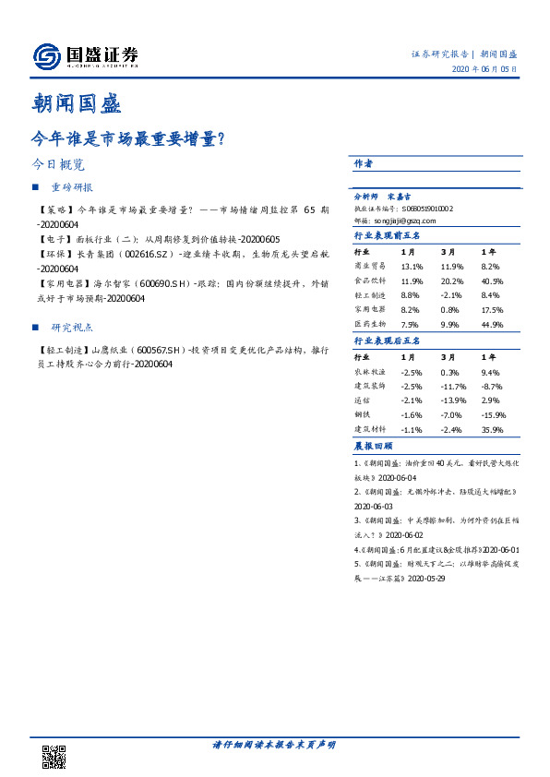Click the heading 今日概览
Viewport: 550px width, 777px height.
tap(57, 165)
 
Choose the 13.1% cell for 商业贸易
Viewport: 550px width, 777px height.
tap(412, 265)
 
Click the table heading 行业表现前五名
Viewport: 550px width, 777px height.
tap(387, 235)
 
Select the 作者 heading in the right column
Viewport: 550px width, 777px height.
tap(363, 162)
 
